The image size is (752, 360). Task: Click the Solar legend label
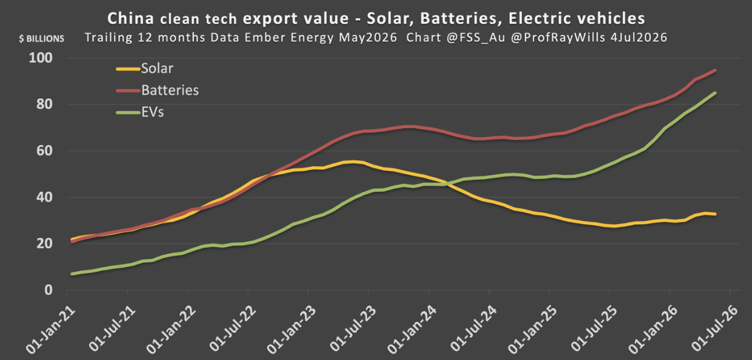pos(157,69)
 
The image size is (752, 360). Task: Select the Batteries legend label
pos(170,90)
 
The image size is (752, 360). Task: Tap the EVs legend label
pos(152,112)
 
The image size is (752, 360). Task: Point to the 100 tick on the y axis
pos(41,58)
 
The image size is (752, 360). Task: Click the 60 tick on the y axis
pos(45,151)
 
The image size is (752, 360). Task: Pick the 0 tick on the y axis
pos(49,290)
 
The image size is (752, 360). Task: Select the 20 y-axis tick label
pos(45,243)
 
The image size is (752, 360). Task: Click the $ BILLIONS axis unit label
pos(42,39)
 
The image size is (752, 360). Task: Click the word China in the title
pos(130,18)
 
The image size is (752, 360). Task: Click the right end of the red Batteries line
pos(715,70)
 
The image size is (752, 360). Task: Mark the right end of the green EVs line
pos(715,93)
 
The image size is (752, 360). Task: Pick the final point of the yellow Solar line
pos(715,214)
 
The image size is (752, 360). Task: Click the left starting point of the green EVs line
pos(72,274)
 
